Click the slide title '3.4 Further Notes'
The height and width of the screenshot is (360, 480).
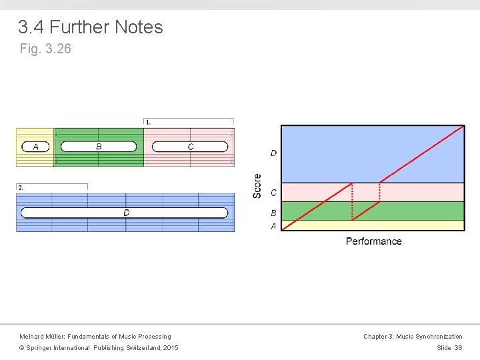(x=91, y=27)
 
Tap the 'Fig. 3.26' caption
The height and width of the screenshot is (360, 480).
(x=45, y=49)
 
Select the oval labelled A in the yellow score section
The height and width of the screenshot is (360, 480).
(x=35, y=147)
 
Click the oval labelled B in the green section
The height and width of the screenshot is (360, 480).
(x=99, y=147)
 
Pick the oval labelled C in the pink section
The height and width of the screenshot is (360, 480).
(x=190, y=147)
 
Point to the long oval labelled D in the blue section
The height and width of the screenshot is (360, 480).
(x=125, y=213)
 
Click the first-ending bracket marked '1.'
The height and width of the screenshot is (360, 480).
(x=148, y=122)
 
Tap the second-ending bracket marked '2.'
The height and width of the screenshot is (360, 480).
(x=21, y=187)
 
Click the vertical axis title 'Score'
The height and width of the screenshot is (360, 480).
(x=257, y=185)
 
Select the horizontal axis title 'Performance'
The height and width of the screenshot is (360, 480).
(x=373, y=241)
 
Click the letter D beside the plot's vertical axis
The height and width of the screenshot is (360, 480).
(x=273, y=153)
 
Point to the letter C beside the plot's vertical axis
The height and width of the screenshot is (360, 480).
(x=273, y=193)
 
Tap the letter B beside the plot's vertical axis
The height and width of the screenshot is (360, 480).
(x=273, y=213)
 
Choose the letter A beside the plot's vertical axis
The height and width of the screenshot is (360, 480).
(x=273, y=226)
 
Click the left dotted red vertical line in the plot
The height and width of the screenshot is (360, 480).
(x=352, y=200)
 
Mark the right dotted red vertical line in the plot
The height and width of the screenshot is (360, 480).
(x=379, y=192)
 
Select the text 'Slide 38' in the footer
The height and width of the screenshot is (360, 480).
(x=449, y=348)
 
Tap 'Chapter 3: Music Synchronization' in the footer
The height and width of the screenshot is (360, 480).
(x=413, y=337)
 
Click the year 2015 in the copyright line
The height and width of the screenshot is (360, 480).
(x=171, y=348)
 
